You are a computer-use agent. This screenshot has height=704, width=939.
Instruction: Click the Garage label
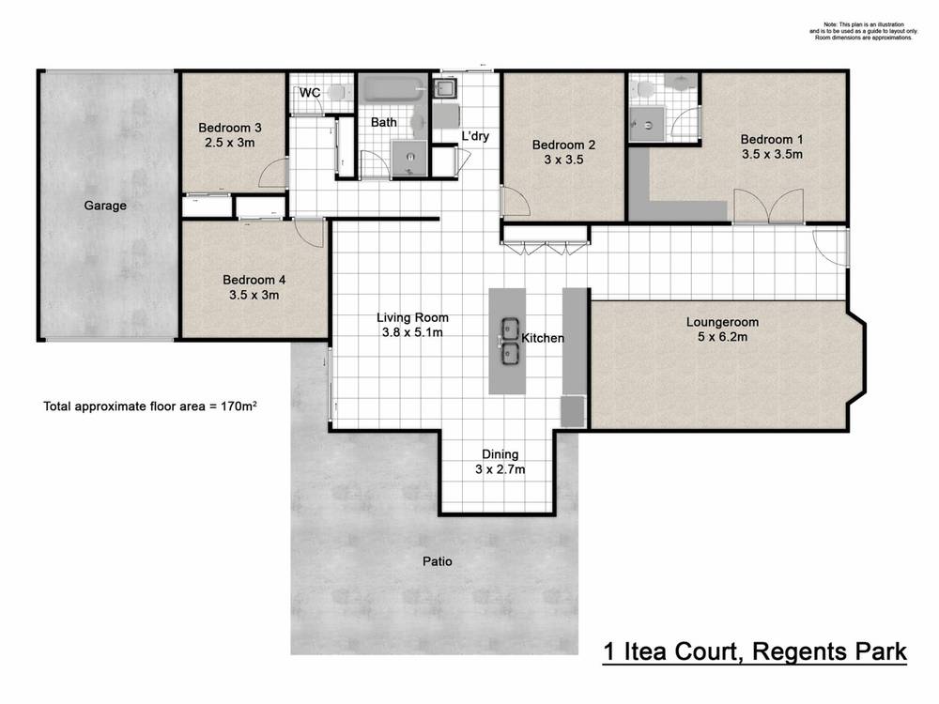tap(105, 206)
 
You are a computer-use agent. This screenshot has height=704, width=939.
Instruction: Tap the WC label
tap(309, 93)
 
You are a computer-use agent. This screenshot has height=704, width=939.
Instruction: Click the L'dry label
tap(474, 136)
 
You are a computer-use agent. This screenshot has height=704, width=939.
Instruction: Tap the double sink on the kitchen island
tap(510, 341)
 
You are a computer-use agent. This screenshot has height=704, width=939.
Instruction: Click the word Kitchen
tap(543, 338)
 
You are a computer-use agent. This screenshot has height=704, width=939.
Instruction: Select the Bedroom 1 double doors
tap(768, 205)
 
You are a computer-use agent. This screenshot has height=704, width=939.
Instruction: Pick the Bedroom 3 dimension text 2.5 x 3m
tap(230, 143)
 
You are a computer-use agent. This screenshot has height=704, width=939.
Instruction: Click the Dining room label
tap(500, 454)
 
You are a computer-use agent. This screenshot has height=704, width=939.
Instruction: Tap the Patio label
tap(437, 562)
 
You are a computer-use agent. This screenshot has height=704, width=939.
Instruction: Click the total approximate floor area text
tap(151, 406)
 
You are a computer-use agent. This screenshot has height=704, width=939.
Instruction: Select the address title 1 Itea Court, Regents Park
tap(754, 651)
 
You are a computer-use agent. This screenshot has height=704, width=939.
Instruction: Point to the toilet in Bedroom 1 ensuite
tap(644, 89)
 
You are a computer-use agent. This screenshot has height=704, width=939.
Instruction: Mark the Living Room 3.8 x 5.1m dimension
tap(410, 332)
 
